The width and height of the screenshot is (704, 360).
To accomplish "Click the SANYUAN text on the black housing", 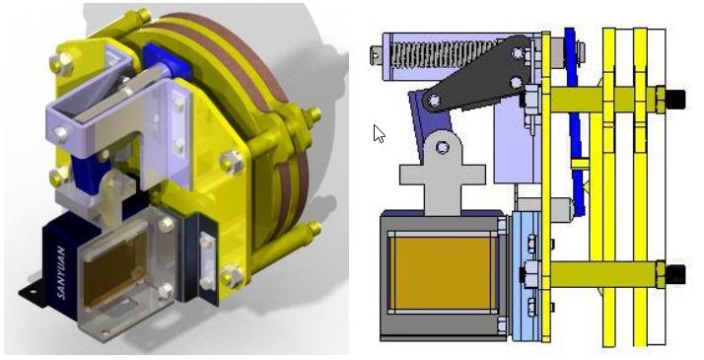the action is (x=61, y=272).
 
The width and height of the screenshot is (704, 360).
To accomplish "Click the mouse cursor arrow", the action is (x=379, y=133).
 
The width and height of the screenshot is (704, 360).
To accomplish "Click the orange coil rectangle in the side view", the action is (x=443, y=273).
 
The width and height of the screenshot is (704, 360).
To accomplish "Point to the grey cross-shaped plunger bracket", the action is (x=443, y=173).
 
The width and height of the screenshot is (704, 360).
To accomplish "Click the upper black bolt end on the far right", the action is (x=675, y=98).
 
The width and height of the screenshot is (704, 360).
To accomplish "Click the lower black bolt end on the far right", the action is (x=675, y=273).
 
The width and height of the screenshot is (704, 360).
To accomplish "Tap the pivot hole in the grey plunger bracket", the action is (x=443, y=147).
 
